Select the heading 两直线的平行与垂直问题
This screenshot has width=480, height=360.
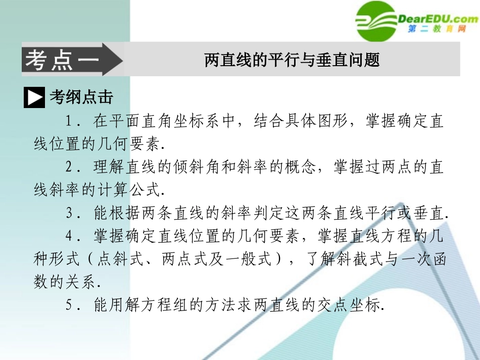[x=292, y=60]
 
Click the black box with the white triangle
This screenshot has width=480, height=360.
[x=34, y=98]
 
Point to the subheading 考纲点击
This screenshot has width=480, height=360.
[x=81, y=97]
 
